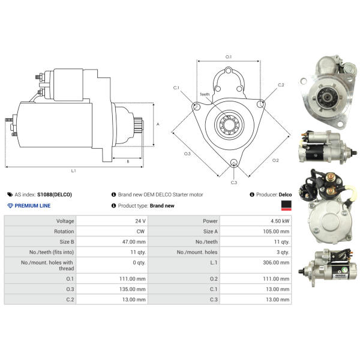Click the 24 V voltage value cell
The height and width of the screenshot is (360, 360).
point(140,221)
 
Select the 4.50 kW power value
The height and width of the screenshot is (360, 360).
point(280,221)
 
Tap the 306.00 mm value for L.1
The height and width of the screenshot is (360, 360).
point(276,262)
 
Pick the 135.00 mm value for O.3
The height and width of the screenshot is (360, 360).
point(133,289)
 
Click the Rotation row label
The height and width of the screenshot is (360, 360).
point(64,232)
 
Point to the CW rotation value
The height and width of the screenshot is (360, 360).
point(140,232)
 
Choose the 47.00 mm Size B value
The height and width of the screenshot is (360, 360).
point(134,242)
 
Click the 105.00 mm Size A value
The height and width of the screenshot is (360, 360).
point(276,232)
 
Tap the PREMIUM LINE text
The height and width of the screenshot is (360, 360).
point(32,206)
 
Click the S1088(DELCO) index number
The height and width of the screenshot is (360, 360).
point(55,194)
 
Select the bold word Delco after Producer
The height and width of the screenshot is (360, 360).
point(285,194)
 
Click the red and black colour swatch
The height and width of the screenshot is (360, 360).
point(286,205)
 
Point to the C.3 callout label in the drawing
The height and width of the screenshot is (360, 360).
point(234,182)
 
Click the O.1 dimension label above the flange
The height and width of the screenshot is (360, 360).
point(229,57)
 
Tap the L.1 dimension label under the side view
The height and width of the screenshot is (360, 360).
point(73,170)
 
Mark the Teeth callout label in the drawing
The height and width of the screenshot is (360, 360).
point(205,94)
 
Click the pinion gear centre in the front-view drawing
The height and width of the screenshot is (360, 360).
point(229,124)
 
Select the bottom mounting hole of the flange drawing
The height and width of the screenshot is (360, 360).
point(234,163)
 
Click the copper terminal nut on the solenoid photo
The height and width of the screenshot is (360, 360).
point(330,177)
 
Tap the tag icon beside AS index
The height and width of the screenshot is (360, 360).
point(10,194)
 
